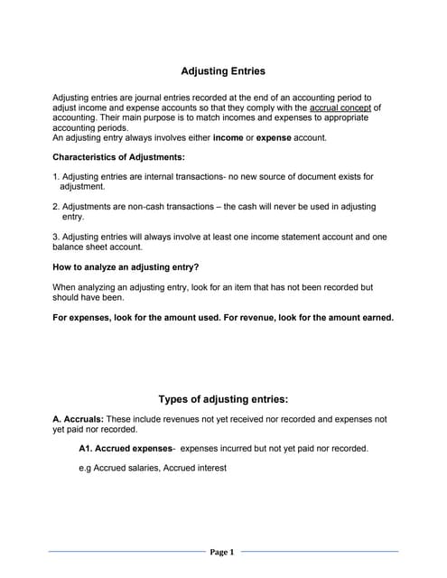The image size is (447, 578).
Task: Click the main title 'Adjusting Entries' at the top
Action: click(x=224, y=70)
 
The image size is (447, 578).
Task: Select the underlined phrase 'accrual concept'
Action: click(x=340, y=107)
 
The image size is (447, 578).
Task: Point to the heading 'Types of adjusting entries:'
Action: click(x=223, y=398)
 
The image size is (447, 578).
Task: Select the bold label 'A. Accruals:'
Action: click(x=79, y=419)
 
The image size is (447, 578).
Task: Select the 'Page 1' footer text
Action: click(x=222, y=552)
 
